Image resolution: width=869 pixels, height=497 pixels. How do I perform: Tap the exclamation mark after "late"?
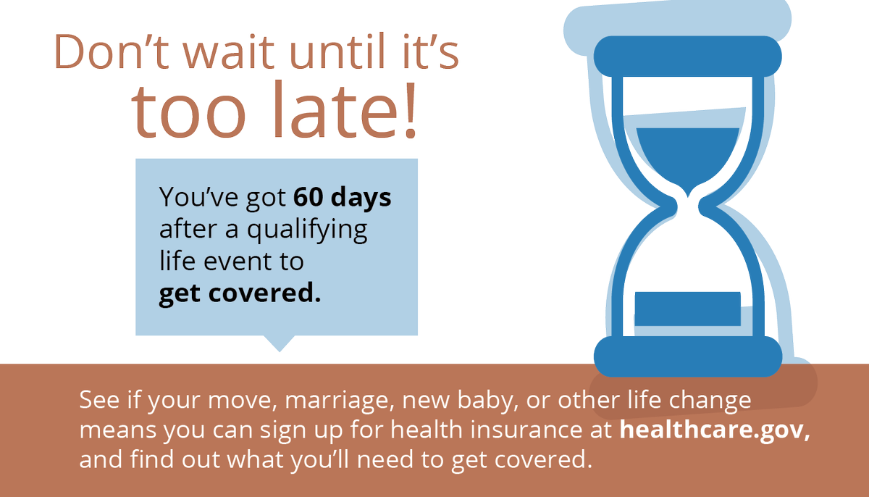[411, 111]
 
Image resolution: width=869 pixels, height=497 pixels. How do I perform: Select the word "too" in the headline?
[188, 111]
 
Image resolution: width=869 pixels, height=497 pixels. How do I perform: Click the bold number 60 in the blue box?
[308, 197]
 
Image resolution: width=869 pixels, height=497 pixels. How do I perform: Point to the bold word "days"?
[361, 197]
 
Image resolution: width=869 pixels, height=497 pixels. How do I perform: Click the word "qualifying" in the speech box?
[307, 230]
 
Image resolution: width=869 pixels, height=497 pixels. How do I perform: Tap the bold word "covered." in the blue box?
[265, 293]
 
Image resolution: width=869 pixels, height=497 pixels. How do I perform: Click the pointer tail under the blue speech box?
[280, 343]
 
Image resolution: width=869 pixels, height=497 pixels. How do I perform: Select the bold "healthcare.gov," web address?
[715, 430]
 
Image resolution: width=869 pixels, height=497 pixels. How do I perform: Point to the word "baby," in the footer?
[488, 400]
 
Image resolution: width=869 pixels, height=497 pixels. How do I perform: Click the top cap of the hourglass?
[687, 57]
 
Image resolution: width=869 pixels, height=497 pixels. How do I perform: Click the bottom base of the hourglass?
[688, 356]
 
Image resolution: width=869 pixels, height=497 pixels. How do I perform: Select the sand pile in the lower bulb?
[687, 309]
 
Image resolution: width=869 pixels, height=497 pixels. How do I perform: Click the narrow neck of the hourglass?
[688, 206]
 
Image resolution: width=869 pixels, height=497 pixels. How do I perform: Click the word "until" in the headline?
[337, 51]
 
